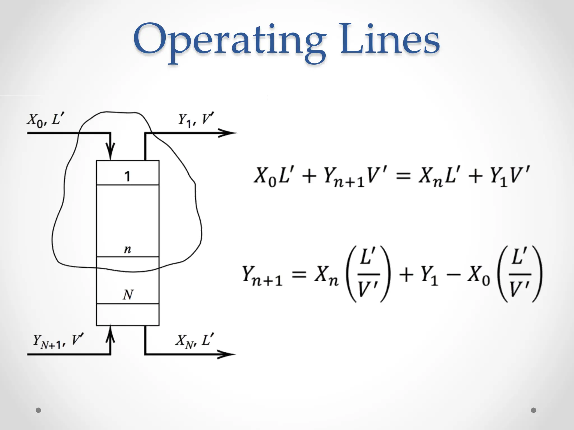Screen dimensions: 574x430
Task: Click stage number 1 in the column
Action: [127, 176]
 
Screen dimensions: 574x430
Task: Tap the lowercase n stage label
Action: [128, 249]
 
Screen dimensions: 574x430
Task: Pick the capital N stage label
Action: [128, 295]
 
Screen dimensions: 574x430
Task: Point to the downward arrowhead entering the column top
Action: [111, 151]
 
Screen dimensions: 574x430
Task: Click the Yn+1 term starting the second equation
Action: [262, 276]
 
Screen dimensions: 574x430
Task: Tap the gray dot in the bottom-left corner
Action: [38, 410]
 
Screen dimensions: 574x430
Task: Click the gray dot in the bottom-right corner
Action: [534, 410]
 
